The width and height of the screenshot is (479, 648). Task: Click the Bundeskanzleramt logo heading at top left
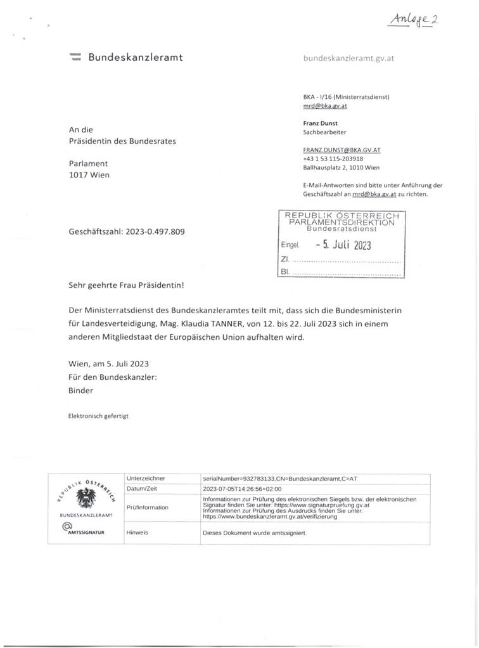[127, 58]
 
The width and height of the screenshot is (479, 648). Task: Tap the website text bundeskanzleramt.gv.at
[350, 58]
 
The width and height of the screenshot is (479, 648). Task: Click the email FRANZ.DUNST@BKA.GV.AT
[342, 150]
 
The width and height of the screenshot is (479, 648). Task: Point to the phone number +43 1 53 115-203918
[333, 159]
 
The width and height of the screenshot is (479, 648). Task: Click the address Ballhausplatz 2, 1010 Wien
[342, 167]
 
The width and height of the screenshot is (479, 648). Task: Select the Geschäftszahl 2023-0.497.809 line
[127, 232]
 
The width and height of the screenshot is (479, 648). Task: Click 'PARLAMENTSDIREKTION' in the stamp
[342, 223]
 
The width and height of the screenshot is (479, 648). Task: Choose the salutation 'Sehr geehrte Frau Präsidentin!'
[127, 285]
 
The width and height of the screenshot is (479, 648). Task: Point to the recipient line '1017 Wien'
[89, 175]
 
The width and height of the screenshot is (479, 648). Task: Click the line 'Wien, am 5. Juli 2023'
[108, 364]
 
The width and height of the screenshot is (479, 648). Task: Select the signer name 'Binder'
[80, 391]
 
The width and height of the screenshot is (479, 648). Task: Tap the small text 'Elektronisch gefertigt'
[98, 417]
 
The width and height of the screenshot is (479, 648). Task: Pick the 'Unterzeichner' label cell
[146, 477]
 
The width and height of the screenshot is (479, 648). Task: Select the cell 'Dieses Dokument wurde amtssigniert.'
[255, 533]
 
